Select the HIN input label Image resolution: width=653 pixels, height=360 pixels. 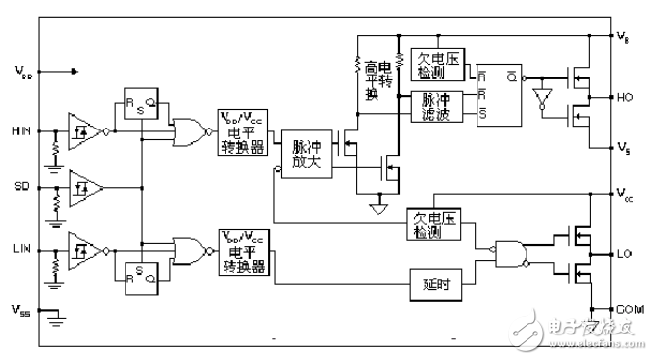pos(22,130)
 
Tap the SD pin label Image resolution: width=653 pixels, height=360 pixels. pos(21,185)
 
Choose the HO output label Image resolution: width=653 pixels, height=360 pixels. pos(625,97)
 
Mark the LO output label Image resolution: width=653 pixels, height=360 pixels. pos(625,254)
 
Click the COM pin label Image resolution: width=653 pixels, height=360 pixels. pos(628,309)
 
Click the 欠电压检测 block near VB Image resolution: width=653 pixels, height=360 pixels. pos(436,65)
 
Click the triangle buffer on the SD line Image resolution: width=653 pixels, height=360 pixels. pos(83,185)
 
